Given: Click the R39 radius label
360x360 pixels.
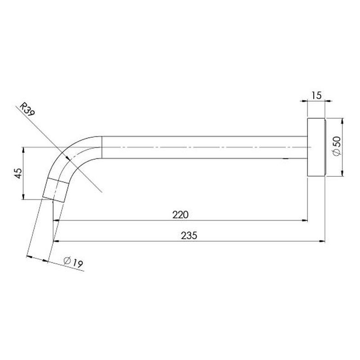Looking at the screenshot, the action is pos(27,109).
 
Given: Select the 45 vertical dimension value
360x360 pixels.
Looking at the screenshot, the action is pos(18,173).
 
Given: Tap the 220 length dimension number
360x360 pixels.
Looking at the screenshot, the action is pos(180,215).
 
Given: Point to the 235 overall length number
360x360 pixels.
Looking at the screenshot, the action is pos(189,235).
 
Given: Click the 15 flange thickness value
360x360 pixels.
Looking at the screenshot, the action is pos(317,95).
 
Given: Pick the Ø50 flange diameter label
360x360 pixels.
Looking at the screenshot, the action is pos(337,146).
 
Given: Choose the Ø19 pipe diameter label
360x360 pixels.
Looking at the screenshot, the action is pos(73,262).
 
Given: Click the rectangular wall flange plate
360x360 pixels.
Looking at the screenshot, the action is pos(316,147).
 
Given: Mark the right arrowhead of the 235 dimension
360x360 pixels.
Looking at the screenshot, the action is pos(322,241).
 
